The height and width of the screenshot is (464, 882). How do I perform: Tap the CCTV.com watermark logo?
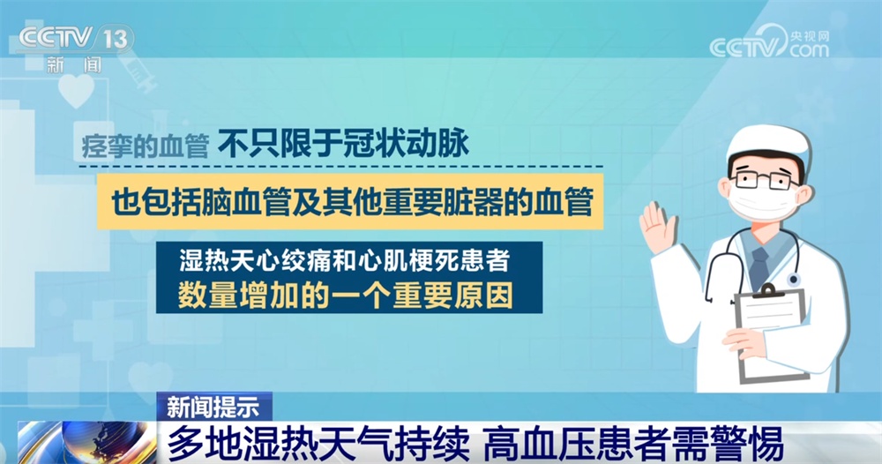click(x=769, y=42)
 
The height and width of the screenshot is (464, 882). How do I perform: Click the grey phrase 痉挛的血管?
click(x=146, y=146)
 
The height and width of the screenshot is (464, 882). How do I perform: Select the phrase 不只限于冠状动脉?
click(x=343, y=144)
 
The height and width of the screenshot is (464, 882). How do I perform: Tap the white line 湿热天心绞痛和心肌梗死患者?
click(x=345, y=260)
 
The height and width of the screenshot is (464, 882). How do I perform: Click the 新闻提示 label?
click(x=213, y=406)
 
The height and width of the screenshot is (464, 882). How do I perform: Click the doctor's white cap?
click(x=768, y=143)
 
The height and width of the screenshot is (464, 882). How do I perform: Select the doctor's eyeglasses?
click(x=764, y=180)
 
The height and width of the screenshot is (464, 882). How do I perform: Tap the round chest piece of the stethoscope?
click(x=793, y=280)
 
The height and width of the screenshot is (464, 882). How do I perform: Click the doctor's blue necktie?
click(x=759, y=265)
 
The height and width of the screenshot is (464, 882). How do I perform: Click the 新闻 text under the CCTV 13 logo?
click(x=74, y=64)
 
